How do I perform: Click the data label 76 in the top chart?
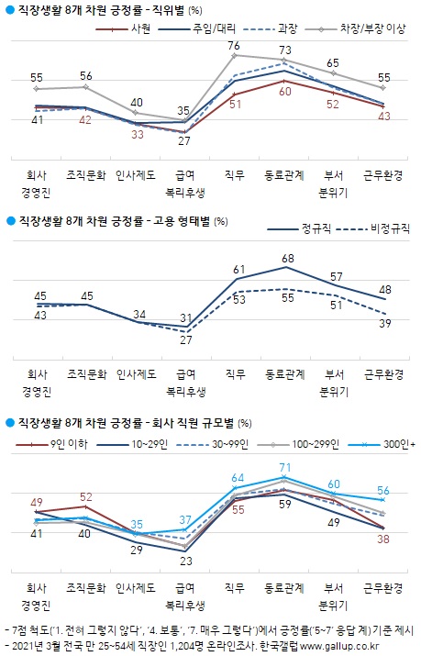(x=235, y=45)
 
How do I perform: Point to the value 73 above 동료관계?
(x=285, y=50)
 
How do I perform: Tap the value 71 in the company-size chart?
(x=285, y=467)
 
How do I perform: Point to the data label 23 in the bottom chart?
(x=184, y=560)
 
